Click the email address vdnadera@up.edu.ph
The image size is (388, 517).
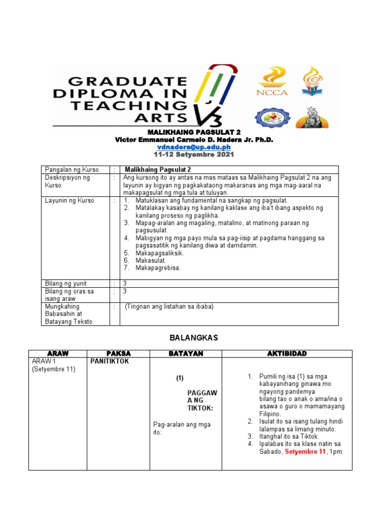tap(194, 147)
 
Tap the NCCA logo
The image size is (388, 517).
tap(273, 81)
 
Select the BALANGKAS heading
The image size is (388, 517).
tap(194, 338)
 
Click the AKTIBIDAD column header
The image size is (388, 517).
tap(287, 353)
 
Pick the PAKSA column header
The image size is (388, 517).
tap(119, 353)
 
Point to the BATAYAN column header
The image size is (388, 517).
tap(185, 353)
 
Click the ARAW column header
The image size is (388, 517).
tap(58, 353)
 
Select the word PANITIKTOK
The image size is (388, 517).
tap(110, 361)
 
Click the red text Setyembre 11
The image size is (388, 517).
tap(305, 452)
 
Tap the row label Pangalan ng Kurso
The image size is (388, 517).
tap(72, 170)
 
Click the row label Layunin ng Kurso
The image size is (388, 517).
tap(69, 200)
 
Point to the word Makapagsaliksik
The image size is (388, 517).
tap(159, 253)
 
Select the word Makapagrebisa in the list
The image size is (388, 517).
tap(158, 268)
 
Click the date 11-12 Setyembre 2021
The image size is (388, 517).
tap(194, 154)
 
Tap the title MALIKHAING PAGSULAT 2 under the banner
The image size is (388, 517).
tap(194, 132)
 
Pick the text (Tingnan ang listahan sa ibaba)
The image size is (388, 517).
tap(169, 306)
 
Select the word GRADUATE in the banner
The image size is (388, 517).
tap(127, 81)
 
